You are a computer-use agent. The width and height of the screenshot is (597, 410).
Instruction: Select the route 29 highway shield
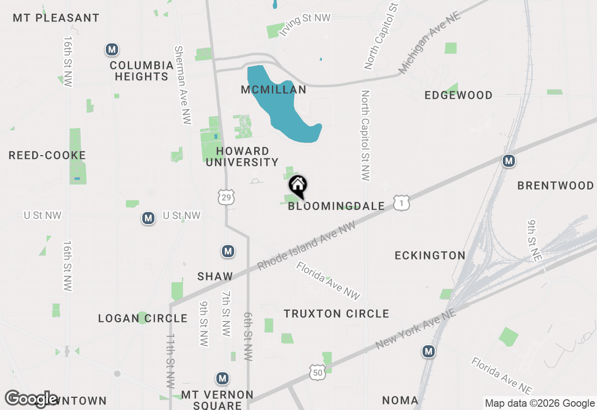coord(226,198)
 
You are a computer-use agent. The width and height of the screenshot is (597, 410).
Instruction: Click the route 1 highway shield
coord(401,203)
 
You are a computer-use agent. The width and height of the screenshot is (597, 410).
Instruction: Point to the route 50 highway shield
coord(317,372)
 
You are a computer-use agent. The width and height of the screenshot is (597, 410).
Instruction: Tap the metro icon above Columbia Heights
coord(111,49)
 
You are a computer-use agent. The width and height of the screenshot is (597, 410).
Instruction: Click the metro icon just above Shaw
coord(228,252)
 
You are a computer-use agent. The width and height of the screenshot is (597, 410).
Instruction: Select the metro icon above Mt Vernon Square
coord(223,378)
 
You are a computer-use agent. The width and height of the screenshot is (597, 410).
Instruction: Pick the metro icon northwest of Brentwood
coord(509,161)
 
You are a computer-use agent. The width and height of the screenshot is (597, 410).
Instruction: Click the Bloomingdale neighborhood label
coord(336,206)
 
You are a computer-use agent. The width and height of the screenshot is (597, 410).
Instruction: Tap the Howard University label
coord(243,157)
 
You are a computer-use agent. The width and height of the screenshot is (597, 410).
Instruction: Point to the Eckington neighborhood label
coord(430,255)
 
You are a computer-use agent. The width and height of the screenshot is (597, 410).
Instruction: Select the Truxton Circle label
coord(336,314)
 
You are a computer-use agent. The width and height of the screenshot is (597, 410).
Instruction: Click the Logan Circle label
coord(143,319)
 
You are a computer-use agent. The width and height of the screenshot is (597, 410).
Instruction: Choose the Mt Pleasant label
coord(56,18)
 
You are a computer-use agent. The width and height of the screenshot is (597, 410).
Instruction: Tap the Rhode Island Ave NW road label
coord(306,246)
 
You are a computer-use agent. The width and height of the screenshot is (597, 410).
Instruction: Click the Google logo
coord(31,399)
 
